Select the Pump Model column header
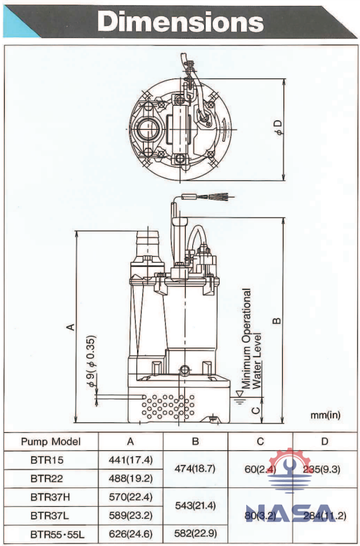pyautogui.click(x=51, y=441)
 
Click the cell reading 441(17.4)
pyautogui.click(x=130, y=460)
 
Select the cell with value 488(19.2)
pyautogui.click(x=130, y=478)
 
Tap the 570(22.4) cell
pyautogui.click(x=130, y=496)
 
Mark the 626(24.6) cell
pyautogui.click(x=130, y=533)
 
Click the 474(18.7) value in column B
pyautogui.click(x=194, y=469)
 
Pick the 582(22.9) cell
pyautogui.click(x=194, y=533)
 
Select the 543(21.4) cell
pyautogui.click(x=194, y=505)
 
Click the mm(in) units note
pyautogui.click(x=325, y=414)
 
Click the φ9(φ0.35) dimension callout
pyautogui.click(x=90, y=362)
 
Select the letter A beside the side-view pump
pyautogui.click(x=69, y=326)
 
